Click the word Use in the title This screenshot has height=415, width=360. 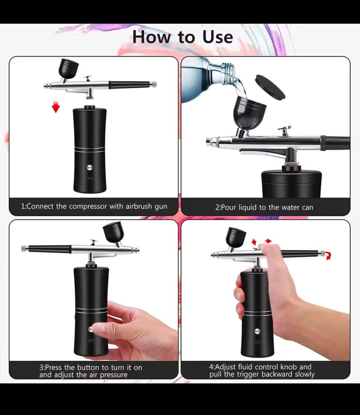pyautogui.click(x=218, y=37)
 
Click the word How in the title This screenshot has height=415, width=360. pyautogui.click(x=151, y=37)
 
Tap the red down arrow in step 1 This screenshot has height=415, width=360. pyautogui.click(x=56, y=107)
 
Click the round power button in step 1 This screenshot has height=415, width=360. pyautogui.click(x=90, y=168)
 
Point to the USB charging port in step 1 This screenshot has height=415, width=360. pyautogui.click(x=90, y=178)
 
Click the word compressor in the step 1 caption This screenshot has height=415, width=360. pyautogui.click(x=88, y=207)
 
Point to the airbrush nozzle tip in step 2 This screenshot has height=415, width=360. pyautogui.click(x=208, y=141)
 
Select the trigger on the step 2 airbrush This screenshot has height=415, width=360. pyautogui.click(x=284, y=131)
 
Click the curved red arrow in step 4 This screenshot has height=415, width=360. pyautogui.click(x=328, y=256)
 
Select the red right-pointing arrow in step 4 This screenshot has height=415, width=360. pyautogui.click(x=268, y=241)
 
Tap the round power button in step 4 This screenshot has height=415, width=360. pyautogui.click(x=257, y=331)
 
